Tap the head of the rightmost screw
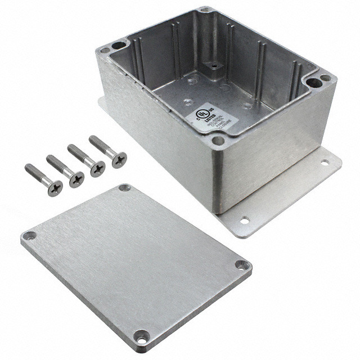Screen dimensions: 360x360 click(119, 159)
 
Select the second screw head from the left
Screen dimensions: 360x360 click(76, 179)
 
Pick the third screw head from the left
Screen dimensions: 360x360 click(97, 169)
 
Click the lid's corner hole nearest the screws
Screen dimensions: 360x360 click(125, 188)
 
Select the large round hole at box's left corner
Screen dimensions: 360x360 click(118, 45)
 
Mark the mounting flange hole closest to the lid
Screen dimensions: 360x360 click(244, 220)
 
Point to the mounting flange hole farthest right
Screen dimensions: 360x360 click(324, 163)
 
